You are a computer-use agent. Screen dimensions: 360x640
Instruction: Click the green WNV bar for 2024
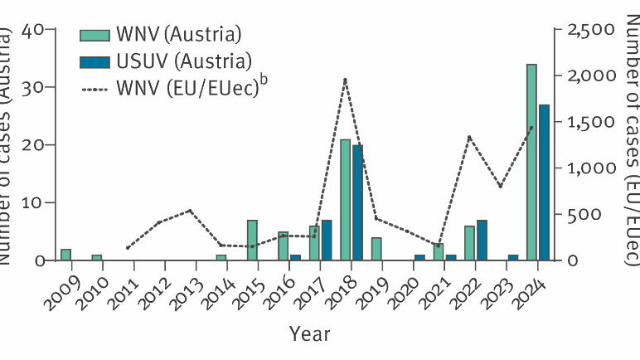point(531,163)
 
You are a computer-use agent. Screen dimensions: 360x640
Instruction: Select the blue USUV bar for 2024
point(544,182)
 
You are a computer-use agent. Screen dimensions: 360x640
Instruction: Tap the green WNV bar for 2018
point(345,200)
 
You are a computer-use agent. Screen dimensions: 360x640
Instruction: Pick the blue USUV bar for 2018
point(357,202)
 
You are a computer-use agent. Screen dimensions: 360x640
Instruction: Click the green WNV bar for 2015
point(252,240)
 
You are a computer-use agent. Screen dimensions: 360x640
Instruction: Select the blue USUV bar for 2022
point(482,240)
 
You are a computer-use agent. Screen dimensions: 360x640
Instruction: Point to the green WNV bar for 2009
point(65,255)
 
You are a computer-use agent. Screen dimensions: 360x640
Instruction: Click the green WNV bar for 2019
point(376,249)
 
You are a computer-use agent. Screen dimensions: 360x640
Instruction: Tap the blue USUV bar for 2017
point(326,240)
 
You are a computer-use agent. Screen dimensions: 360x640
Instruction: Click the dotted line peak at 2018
point(345,80)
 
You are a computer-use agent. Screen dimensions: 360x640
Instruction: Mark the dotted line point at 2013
point(190,211)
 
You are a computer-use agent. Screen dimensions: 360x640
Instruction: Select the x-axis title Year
point(309,333)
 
